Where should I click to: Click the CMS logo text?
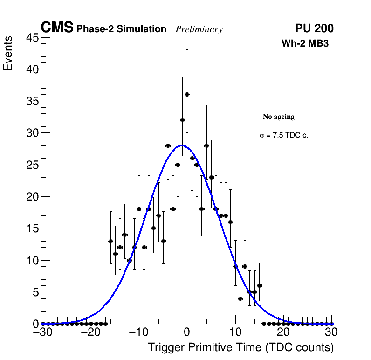coord(57,28)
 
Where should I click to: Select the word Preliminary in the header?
coord(199,29)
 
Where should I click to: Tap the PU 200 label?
coord(314,28)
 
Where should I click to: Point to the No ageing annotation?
coord(279,117)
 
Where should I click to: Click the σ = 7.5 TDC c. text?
coord(284,136)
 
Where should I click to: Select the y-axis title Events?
coord(8,55)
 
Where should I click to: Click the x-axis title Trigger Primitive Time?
coord(241,347)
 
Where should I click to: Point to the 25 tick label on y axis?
coord(31,165)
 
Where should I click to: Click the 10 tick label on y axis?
coord(31,260)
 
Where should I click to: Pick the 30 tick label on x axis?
coord(331,332)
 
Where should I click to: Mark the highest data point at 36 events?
coord(187,94)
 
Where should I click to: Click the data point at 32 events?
coord(182,120)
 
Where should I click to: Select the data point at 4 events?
coord(240,298)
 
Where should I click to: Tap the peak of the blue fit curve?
coord(182,145)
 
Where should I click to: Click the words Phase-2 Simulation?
coord(121,29)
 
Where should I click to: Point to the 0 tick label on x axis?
coord(186,332)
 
